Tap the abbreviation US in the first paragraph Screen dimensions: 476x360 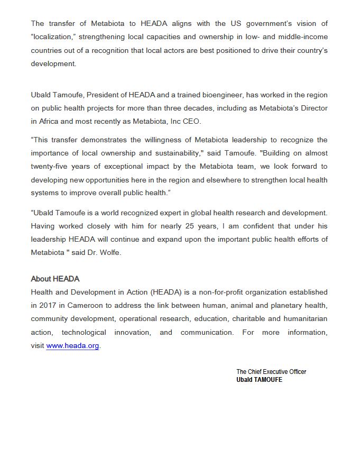236,24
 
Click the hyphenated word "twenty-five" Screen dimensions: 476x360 50,166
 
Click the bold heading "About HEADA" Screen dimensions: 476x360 55,279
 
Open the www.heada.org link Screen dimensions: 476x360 72,345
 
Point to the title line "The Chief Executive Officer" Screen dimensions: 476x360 271,372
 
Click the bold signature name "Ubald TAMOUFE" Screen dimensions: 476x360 259,379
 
